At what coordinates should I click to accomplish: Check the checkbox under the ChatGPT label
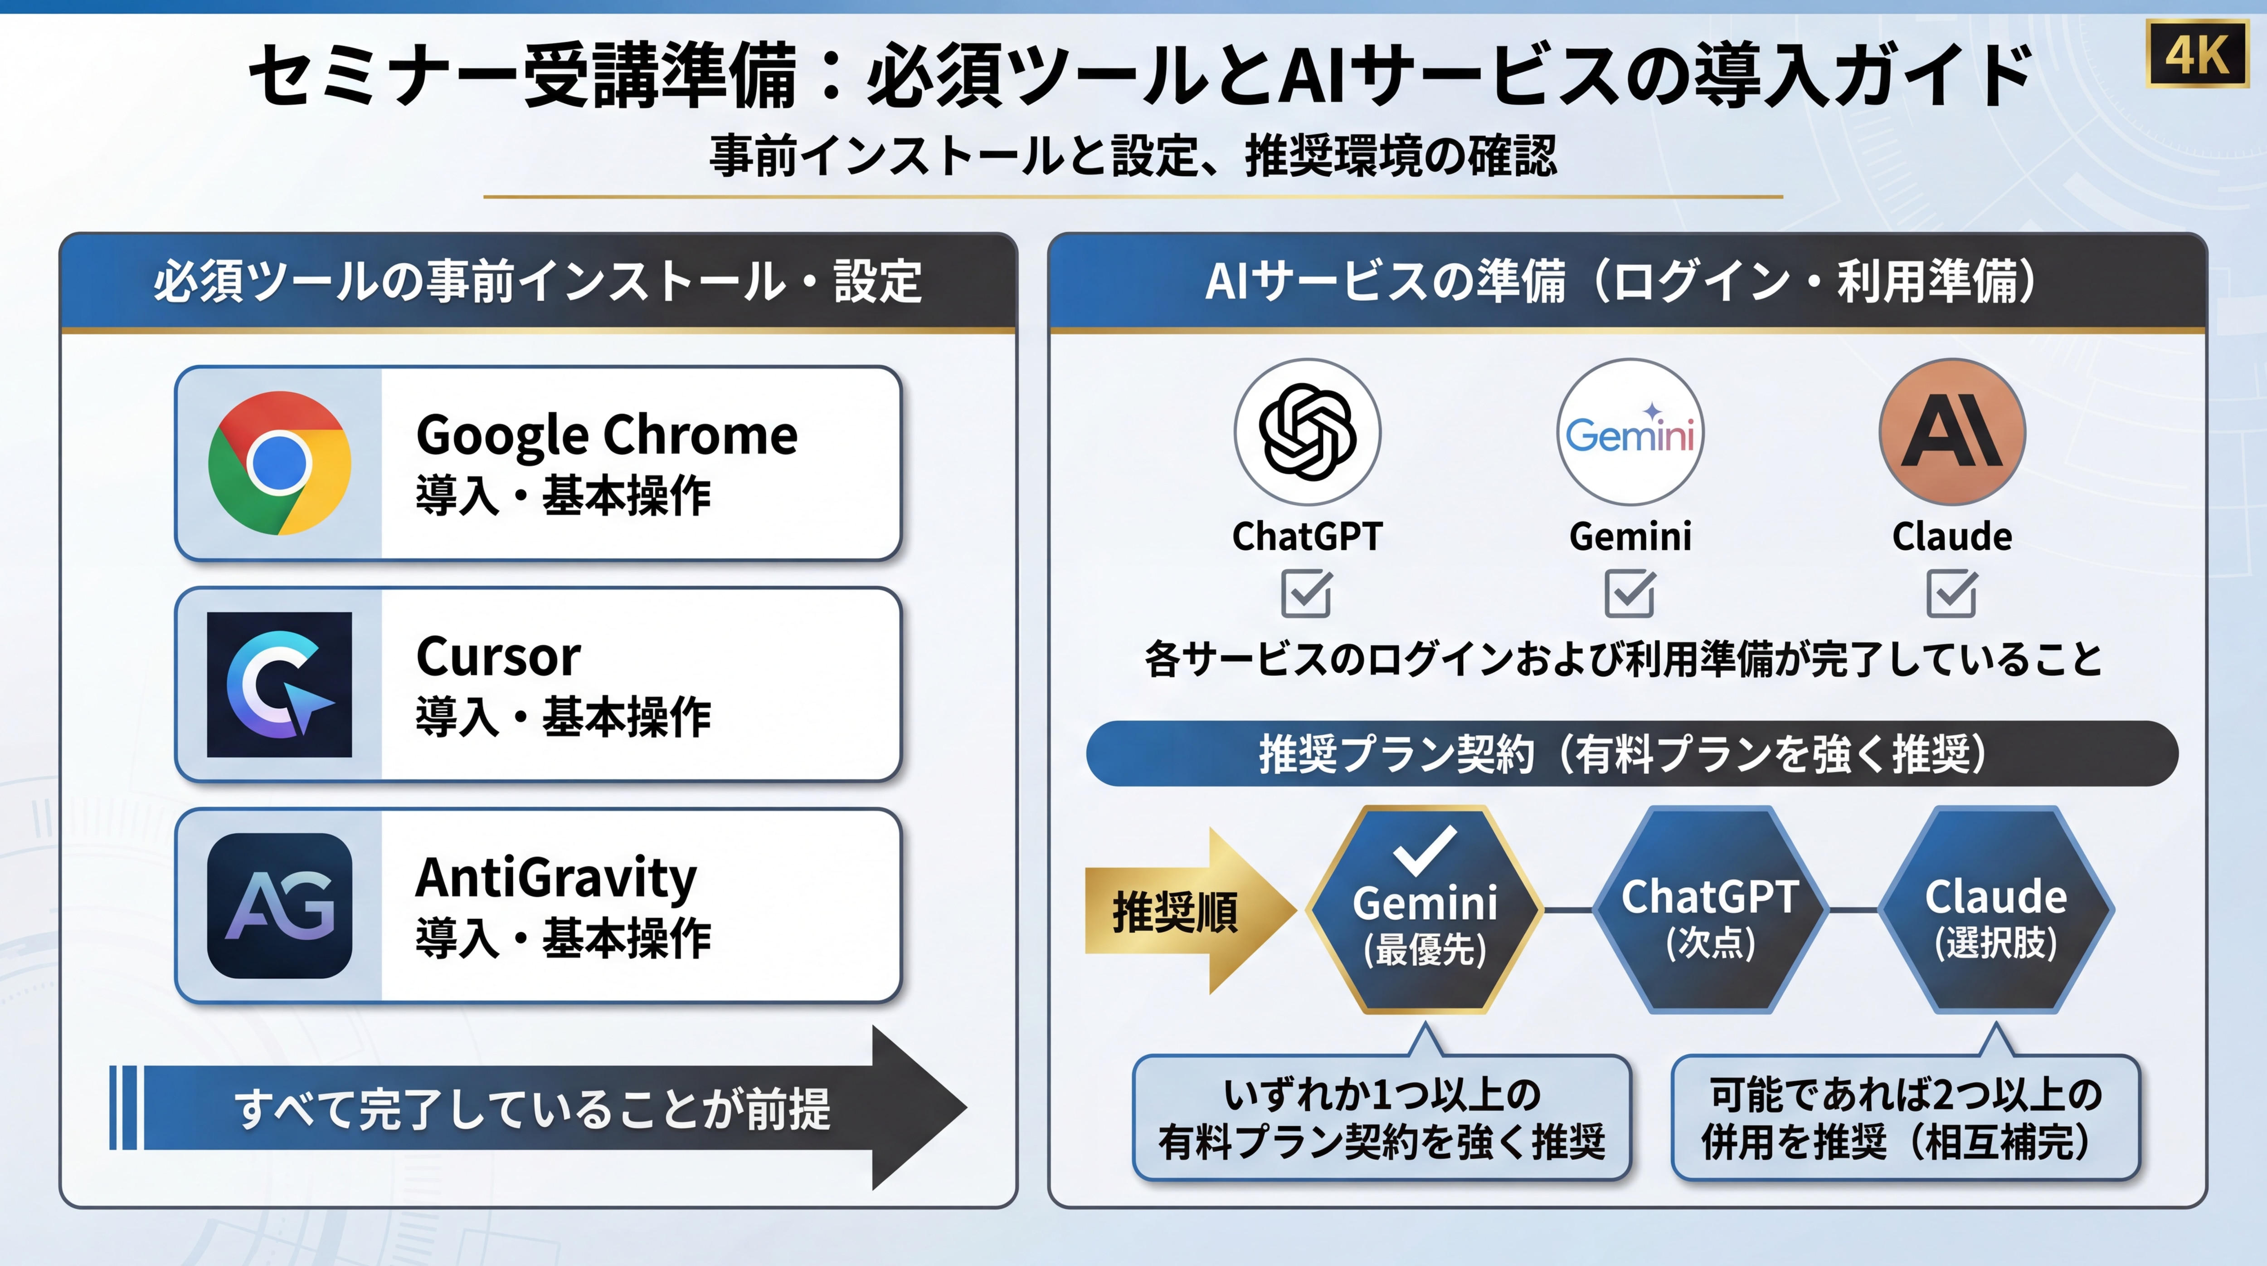click(1306, 593)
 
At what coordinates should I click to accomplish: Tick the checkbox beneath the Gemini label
click(1630, 593)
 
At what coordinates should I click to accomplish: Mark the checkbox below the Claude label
click(1952, 593)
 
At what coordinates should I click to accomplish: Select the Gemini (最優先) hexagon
click(1425, 909)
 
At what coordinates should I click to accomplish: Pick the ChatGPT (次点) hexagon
click(1710, 909)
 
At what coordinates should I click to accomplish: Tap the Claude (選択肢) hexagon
click(1996, 909)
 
